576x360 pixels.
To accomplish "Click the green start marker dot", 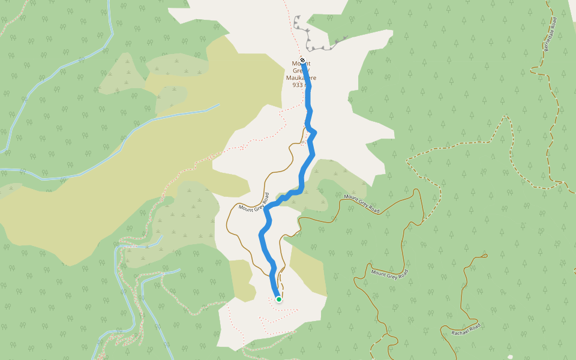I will pos(279,299).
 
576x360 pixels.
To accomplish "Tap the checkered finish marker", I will pos(302,60).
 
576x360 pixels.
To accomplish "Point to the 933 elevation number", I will pos(298,85).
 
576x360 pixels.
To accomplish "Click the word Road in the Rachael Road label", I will pos(475,325).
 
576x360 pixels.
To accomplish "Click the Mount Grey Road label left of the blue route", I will pos(254,202).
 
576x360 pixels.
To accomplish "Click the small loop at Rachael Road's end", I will pos(483,258).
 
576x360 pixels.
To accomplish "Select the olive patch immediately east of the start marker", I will pos(303,264).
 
